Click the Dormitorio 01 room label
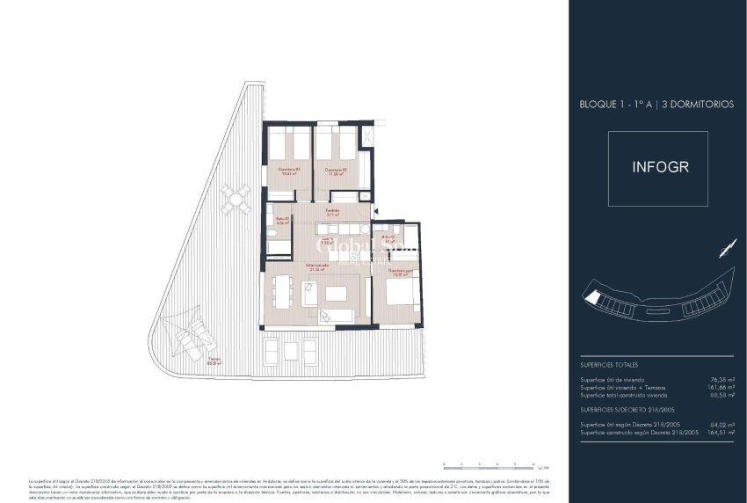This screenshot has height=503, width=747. (x=289, y=171)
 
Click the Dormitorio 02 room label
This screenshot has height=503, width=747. (x=336, y=171)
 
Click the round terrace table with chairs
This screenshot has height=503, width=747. (x=235, y=200)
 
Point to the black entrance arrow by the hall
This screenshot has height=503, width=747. (x=375, y=211)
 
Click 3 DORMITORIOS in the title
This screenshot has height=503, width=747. (x=691, y=104)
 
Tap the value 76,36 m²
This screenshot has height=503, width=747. (x=722, y=380)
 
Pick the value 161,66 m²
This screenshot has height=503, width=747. (x=721, y=387)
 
